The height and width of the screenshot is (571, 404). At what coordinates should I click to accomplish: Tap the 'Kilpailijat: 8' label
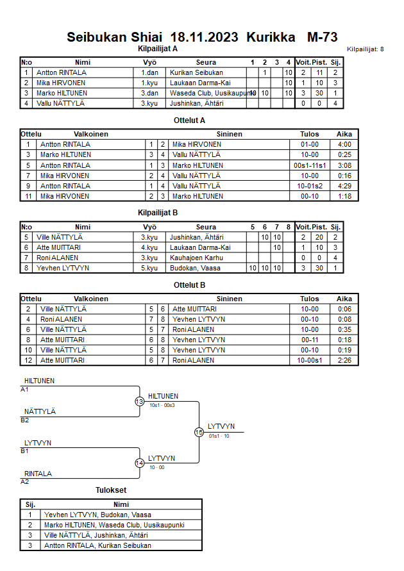pos(365,49)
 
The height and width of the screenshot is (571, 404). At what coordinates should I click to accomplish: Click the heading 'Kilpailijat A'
pos(158,48)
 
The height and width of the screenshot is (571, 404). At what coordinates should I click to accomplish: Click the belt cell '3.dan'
pos(149,93)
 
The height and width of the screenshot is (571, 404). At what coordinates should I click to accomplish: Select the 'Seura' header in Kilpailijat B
pos(206,227)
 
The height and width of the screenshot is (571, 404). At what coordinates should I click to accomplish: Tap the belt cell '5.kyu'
pos(149,268)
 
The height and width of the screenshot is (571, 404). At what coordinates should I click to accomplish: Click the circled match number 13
pos(139,402)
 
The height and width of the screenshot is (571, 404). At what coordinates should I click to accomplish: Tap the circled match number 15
pos(199,433)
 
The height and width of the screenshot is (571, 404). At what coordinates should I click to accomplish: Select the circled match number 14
pos(139,463)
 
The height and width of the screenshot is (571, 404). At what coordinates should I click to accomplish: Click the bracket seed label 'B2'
pos(24,420)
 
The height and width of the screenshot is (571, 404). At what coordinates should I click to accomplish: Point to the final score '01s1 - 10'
pos(219,436)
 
